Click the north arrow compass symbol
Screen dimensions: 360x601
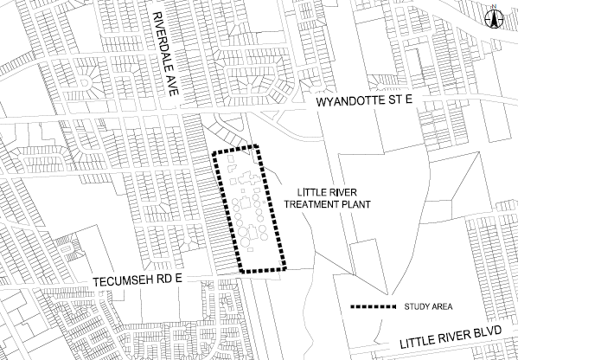pyautogui.click(x=496, y=20)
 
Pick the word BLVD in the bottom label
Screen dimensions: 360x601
pyautogui.click(x=492, y=338)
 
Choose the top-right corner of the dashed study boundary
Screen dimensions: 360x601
pyautogui.click(x=257, y=145)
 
